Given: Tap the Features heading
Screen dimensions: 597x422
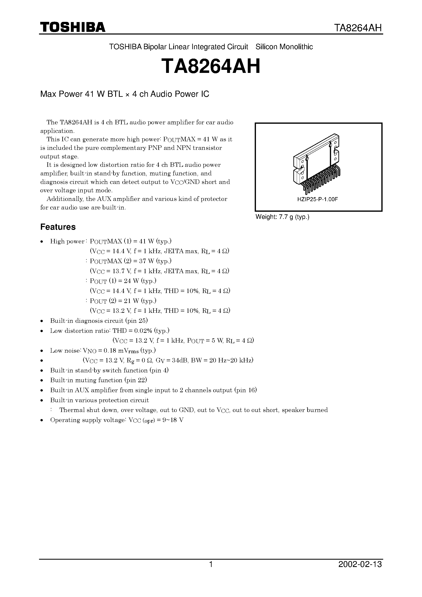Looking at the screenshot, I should pyautogui.click(x=58, y=227).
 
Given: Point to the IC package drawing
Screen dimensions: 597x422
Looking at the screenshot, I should pyautogui.click(x=317, y=164).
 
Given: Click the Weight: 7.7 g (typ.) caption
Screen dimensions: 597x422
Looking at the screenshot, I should pyautogui.click(x=282, y=217).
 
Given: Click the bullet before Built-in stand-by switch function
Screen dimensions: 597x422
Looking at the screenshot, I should pyautogui.click(x=42, y=371).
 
